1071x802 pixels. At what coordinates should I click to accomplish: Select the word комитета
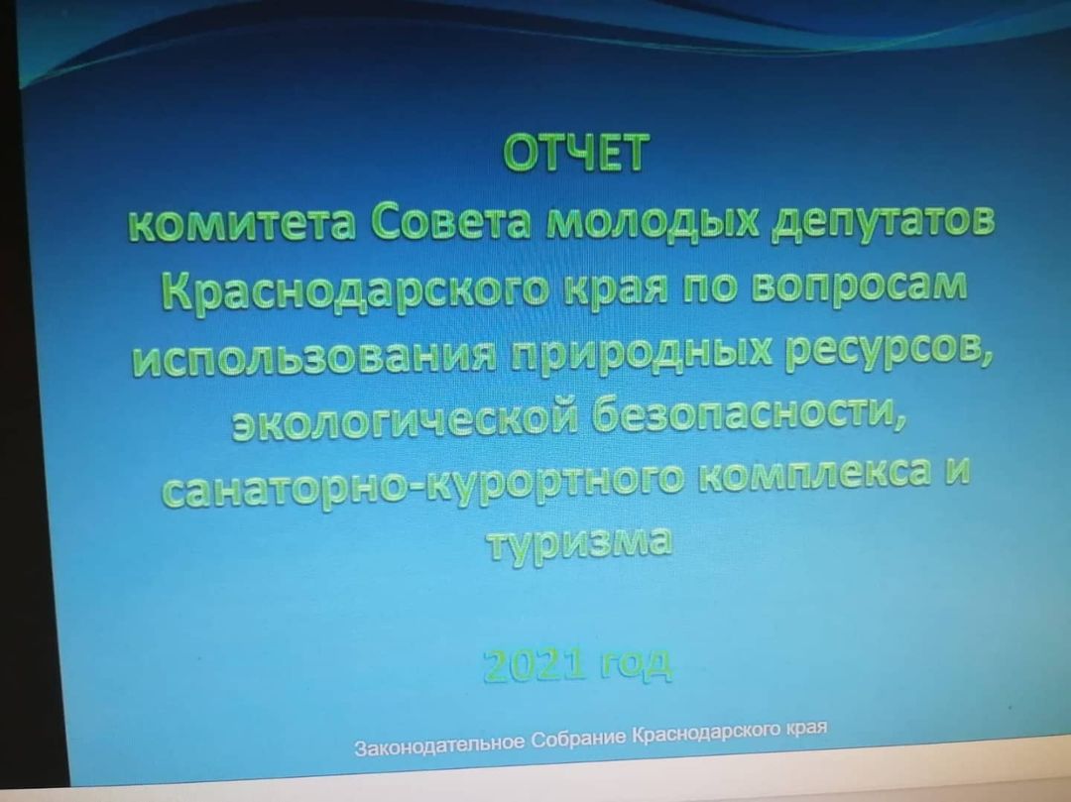pos(243,224)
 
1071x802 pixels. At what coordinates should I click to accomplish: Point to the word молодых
pos(652,221)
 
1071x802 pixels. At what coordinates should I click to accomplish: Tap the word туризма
pos(580,541)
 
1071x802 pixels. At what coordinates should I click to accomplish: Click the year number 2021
pos(535,664)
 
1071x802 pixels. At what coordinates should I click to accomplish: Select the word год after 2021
pos(636,663)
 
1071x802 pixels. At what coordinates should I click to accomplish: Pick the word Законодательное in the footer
pos(440,745)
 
